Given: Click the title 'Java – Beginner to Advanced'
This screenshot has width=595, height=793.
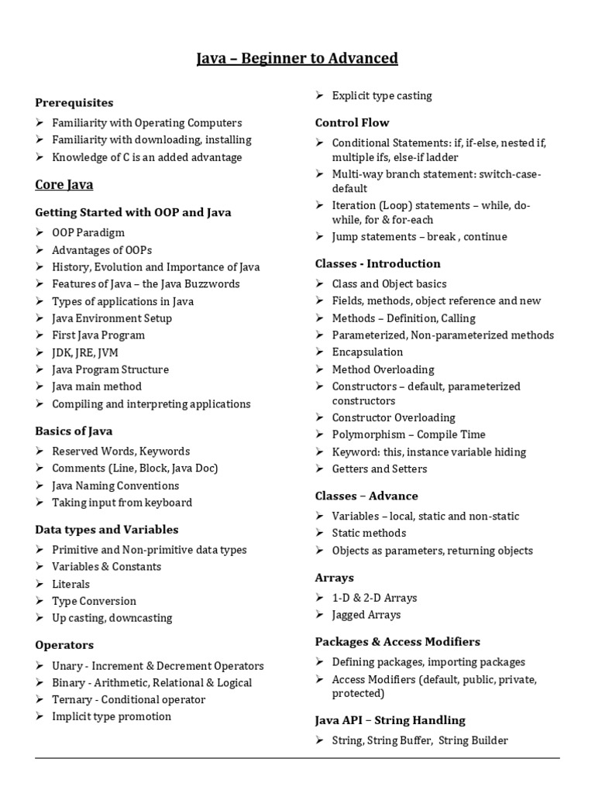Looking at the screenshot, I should click(297, 58).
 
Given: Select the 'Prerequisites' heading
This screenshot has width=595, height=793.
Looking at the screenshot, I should click(74, 102).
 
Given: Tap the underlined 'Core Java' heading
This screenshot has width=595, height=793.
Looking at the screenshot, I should click(64, 184).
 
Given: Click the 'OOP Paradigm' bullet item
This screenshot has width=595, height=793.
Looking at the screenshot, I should click(88, 232).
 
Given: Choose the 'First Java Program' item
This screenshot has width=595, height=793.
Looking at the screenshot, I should click(98, 335).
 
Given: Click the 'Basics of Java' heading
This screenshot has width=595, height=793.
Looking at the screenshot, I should click(79, 431).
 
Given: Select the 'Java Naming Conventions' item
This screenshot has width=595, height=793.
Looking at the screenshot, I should click(115, 486).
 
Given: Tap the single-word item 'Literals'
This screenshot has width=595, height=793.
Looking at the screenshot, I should click(71, 584).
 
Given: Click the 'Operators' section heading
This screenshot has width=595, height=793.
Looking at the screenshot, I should click(64, 645).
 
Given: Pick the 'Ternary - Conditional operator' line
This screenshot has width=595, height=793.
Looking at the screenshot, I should click(129, 699).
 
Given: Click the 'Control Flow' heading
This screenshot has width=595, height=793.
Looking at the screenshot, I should click(352, 122).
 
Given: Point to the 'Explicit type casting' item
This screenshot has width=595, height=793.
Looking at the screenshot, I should click(382, 96).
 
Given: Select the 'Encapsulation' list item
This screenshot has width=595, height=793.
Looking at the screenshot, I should click(368, 352).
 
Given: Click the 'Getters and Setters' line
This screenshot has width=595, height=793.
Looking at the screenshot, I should click(380, 469).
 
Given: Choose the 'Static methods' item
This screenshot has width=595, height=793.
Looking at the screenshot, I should click(369, 533).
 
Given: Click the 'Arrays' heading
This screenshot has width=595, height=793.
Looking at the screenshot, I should click(334, 578).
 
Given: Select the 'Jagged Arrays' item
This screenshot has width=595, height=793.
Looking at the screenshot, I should click(366, 615).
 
